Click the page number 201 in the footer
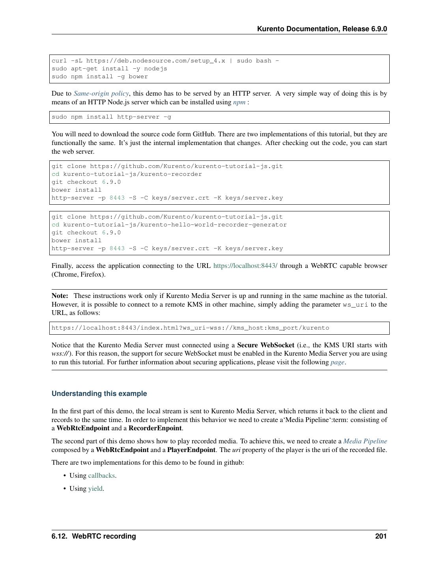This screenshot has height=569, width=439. pos(381,536)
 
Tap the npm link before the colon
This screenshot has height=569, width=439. pos(239,102)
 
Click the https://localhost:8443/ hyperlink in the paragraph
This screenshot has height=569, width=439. pos(245,266)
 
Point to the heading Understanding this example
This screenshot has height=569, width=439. pos(99,394)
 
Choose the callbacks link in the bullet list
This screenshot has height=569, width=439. pos(101,476)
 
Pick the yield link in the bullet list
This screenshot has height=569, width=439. pos(95,489)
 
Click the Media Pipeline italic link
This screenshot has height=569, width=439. pos(365,441)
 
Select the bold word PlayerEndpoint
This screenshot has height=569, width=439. pos(191,450)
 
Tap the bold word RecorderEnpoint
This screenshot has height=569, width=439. pos(155,428)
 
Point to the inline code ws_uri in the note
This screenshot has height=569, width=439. pos(355,305)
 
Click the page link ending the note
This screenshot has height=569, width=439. pos(337,362)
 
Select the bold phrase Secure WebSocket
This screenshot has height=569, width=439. pos(265,345)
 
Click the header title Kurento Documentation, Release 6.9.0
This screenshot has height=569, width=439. pos(322,29)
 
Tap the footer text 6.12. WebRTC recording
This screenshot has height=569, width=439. pos(93,536)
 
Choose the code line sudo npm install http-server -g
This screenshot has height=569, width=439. pos(111,117)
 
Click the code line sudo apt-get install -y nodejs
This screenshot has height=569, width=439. pos(109,69)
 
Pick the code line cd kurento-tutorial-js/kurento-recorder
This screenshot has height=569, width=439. pos(127,174)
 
